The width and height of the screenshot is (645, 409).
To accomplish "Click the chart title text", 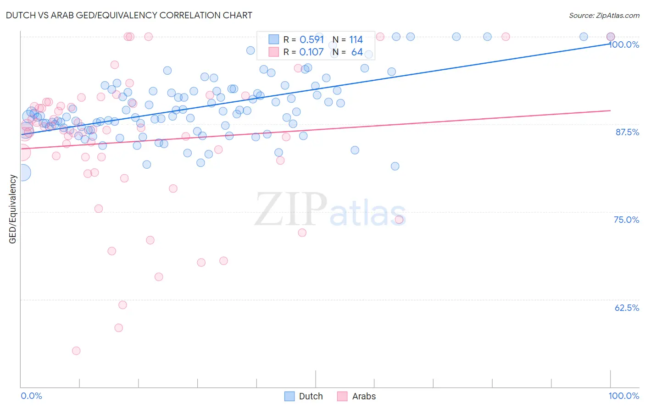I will click(x=129, y=15).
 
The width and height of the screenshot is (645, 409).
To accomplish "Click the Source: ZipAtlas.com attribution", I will click(x=604, y=15).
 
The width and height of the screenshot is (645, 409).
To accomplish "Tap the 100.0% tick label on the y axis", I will click(x=624, y=44).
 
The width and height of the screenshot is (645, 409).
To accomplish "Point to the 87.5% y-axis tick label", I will click(x=627, y=132).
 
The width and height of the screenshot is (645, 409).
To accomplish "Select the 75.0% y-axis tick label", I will click(x=626, y=220).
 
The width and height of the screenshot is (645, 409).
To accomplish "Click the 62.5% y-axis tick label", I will click(x=627, y=308).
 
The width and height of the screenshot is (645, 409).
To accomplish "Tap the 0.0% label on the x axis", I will click(x=31, y=396).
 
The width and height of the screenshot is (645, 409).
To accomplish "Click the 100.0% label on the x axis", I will click(x=623, y=396).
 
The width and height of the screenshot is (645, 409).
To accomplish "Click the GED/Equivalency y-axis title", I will click(x=13, y=209).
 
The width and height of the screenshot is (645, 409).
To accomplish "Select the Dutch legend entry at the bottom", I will click(x=311, y=396).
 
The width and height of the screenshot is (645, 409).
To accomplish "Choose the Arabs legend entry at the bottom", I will click(x=363, y=396).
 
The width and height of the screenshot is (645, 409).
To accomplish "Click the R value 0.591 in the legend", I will click(x=311, y=39).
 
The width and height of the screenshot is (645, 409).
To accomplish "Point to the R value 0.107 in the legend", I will click(x=311, y=52).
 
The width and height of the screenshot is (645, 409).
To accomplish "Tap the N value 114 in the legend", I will click(x=356, y=39).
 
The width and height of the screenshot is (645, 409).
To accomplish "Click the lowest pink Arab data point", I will click(x=76, y=351).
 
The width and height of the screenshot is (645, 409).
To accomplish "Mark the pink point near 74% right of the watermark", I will click(x=399, y=220).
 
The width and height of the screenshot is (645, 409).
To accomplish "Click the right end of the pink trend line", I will click(x=610, y=111).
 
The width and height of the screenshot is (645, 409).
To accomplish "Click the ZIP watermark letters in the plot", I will click(x=291, y=209).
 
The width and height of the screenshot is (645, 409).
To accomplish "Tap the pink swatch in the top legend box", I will click(x=274, y=52).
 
